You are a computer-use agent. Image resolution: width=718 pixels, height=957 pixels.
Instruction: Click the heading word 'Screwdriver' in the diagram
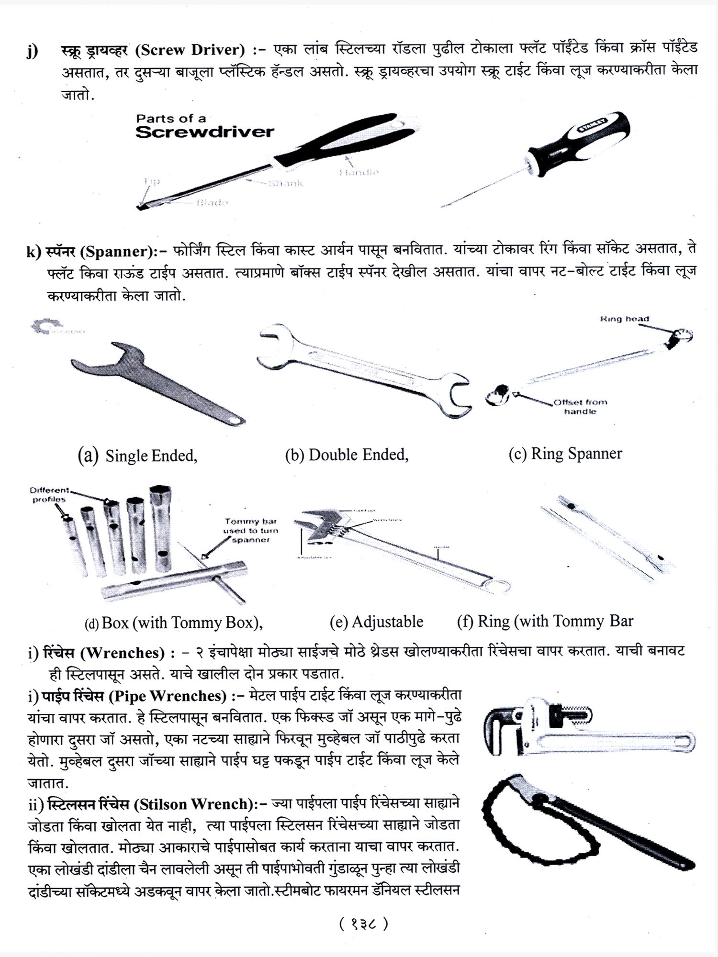tap(204, 132)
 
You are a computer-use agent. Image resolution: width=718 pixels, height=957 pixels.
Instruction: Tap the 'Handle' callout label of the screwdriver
tap(359, 172)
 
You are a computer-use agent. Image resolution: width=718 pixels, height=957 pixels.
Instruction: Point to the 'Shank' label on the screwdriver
tap(285, 183)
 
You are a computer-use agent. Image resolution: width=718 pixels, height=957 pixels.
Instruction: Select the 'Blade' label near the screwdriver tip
tap(212, 202)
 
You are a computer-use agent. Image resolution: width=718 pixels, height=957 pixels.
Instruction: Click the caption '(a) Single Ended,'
tap(137, 456)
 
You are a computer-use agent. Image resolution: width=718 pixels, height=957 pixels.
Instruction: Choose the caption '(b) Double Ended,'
tap(347, 455)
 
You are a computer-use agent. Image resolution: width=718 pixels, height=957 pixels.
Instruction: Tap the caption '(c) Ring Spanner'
tap(565, 454)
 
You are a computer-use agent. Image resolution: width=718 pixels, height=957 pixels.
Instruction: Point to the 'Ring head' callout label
tap(624, 319)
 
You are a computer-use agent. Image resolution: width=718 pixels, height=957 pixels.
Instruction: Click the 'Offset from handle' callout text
tap(580, 407)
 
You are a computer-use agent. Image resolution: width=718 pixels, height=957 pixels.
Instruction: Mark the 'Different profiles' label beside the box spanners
tap(49, 495)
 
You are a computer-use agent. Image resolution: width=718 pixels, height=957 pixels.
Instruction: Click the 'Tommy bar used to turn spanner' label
tap(250, 530)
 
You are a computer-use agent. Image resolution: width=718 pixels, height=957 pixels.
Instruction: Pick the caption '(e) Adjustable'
tap(376, 622)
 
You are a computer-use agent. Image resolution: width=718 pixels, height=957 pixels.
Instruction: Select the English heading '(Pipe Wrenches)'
tap(168, 696)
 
